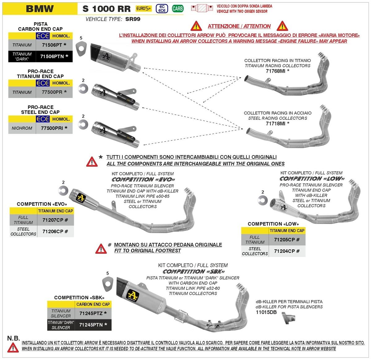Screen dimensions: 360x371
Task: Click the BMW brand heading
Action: click(40, 8)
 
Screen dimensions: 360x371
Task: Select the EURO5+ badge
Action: click(144, 9)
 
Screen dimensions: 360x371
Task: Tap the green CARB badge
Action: click(177, 9)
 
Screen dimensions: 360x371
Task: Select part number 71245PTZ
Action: click(93, 313)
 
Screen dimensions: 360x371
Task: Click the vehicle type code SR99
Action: click(133, 19)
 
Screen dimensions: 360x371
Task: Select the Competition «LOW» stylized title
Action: click(311, 179)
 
